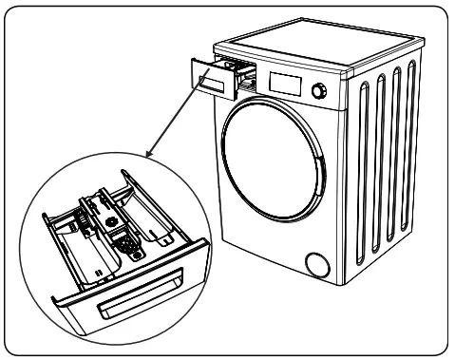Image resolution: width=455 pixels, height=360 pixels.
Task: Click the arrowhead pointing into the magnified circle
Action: click(x=147, y=152)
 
